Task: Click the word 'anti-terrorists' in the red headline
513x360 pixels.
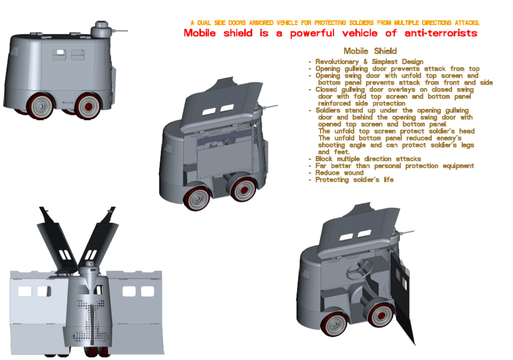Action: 441,33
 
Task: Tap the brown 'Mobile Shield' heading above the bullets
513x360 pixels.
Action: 370,51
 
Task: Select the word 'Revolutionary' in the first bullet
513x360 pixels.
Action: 337,62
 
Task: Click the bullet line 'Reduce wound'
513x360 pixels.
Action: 339,173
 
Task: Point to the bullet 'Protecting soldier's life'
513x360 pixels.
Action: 354,179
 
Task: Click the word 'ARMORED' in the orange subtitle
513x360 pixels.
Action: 261,23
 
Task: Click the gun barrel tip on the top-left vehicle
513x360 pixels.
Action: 127,31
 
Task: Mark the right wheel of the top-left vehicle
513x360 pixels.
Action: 88,106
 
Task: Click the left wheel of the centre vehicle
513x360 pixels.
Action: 196,198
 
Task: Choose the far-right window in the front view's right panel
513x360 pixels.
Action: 148,291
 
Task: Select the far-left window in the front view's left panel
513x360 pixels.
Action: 25,291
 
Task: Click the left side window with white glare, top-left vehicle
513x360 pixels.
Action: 59,54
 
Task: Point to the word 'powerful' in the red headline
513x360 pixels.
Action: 312,33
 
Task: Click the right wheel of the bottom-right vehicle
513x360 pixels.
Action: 381,315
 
